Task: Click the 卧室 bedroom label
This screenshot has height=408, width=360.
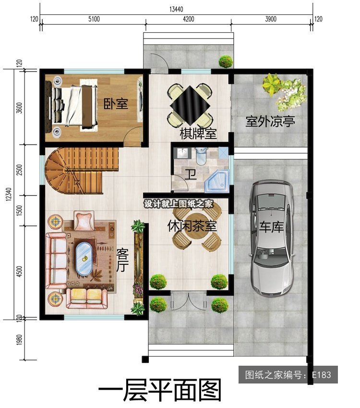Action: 116,103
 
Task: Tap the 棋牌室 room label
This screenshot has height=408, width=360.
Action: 198,134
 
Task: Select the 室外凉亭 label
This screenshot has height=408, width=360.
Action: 270,122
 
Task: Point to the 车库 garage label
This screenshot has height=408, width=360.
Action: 271,227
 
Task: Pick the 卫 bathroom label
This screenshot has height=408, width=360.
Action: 191,174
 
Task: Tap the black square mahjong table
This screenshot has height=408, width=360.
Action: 190,105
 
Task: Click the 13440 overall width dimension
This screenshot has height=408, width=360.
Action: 176,9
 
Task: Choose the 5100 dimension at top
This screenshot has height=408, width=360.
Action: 94,19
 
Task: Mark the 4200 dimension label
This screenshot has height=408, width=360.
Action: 189,19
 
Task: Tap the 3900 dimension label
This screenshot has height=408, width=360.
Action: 271,19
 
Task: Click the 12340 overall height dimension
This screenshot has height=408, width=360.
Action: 9,194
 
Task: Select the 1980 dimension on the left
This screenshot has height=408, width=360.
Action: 19,340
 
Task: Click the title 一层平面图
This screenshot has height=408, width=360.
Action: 160,390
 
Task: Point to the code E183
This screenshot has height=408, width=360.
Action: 322,375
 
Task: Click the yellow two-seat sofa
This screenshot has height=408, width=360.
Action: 86,298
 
